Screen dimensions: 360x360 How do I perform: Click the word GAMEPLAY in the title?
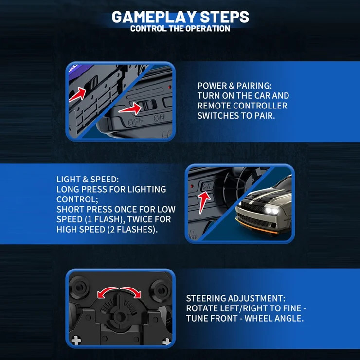[x=154, y=17]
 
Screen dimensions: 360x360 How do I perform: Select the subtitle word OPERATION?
[x=208, y=29]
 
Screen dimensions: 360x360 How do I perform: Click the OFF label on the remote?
[x=136, y=122]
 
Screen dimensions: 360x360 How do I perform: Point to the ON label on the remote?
[x=160, y=118]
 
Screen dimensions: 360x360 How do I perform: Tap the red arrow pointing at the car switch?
[x=77, y=94]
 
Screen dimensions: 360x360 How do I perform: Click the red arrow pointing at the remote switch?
[x=130, y=108]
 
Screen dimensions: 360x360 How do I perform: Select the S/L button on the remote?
[x=207, y=186]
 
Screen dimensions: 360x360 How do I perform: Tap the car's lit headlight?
[x=271, y=210]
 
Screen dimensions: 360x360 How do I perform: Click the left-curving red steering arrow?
[x=107, y=291]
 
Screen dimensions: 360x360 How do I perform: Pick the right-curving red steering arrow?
[x=131, y=292]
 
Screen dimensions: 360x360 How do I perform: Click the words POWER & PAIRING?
[x=234, y=86]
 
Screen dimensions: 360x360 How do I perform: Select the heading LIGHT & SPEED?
[x=88, y=180]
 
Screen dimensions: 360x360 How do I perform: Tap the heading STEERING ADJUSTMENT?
[x=235, y=299]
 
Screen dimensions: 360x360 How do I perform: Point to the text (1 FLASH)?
[x=104, y=219]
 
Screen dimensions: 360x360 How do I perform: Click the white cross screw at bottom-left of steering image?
[x=76, y=341]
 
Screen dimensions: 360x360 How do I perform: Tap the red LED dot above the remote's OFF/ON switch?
[x=170, y=87]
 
